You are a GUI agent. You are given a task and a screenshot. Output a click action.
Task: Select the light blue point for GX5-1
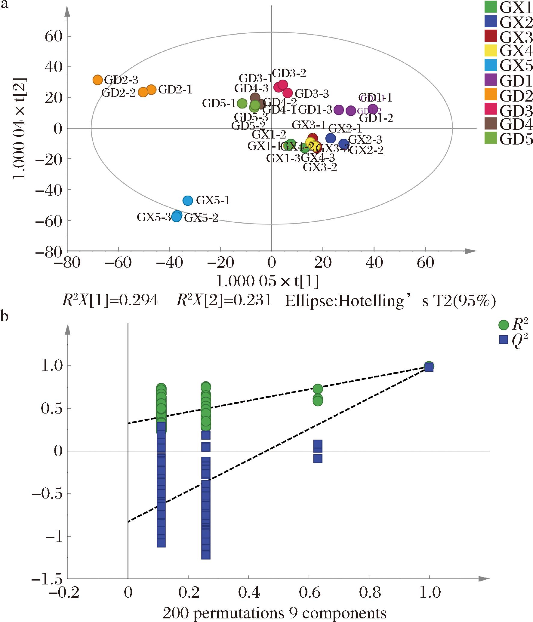[188, 200]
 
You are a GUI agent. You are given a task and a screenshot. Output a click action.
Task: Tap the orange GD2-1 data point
[151, 90]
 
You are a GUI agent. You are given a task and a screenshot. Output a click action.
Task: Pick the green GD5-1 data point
[242, 103]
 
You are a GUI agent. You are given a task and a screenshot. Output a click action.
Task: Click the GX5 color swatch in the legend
[490, 65]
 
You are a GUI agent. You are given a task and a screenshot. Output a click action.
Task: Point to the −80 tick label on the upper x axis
[67, 264]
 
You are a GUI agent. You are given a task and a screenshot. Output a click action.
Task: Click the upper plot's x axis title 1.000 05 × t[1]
[267, 282]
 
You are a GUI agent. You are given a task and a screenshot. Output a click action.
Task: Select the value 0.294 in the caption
[139, 301]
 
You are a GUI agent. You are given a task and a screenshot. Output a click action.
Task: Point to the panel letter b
[5, 317]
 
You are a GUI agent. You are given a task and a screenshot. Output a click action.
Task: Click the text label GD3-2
[289, 73]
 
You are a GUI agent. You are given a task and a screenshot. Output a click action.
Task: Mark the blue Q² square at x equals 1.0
[429, 367]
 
